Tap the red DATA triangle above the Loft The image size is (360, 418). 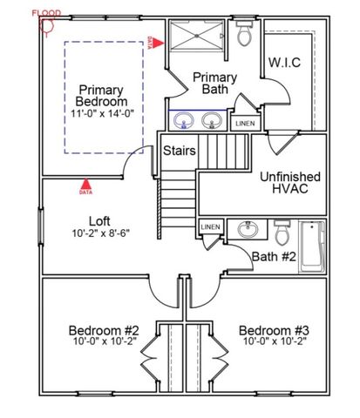[85, 185]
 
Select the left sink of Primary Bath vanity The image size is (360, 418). [185, 121]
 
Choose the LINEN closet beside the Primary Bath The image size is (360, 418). [246, 124]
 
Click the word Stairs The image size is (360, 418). [179, 151]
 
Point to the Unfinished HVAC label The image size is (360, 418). [289, 183]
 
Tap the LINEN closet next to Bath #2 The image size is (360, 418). [210, 227]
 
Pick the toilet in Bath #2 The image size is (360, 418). [282, 233]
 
